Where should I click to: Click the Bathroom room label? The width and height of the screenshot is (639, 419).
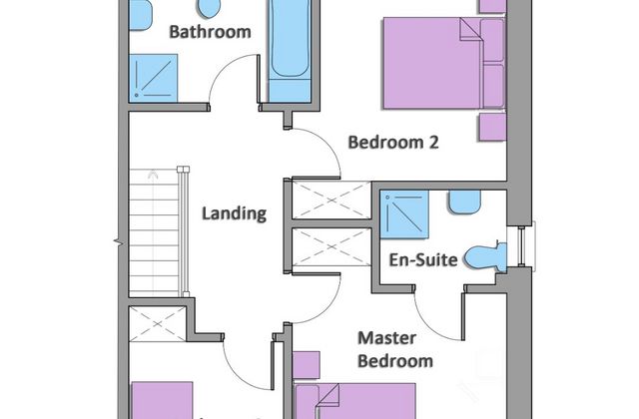click(x=210, y=32)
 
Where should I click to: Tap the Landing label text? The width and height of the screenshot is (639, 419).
click(x=235, y=213)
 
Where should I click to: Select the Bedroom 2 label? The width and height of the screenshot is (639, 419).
click(x=393, y=143)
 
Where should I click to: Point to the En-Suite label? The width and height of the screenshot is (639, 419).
click(x=423, y=259)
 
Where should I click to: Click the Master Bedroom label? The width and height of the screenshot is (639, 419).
click(x=395, y=349)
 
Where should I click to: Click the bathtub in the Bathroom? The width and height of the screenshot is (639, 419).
click(x=290, y=51)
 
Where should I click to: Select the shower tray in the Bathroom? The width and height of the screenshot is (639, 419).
click(x=153, y=78)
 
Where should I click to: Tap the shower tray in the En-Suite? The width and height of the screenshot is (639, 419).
click(x=404, y=214)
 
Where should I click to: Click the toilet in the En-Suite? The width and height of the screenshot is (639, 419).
click(x=486, y=257)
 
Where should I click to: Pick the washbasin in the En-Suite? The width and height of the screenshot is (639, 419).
click(x=464, y=202)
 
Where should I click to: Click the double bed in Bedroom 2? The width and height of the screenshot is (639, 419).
click(x=444, y=63)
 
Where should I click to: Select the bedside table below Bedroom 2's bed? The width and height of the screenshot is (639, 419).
click(x=492, y=127)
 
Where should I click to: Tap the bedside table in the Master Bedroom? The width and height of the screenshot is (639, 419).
click(x=307, y=365)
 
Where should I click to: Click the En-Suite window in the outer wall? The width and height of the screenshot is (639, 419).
click(x=521, y=246)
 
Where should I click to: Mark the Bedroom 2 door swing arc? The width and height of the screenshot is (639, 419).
click(x=327, y=143)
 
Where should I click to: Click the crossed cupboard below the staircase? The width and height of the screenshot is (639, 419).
click(x=158, y=324)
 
